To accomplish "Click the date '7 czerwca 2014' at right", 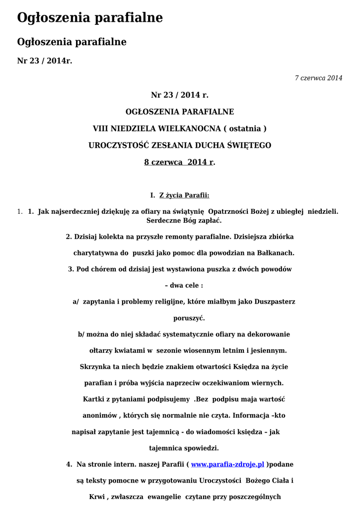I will point(318,78).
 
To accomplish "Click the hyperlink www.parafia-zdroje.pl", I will point(227,465).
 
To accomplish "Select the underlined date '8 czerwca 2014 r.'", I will point(180,162).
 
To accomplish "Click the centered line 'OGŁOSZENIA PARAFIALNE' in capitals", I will point(180,112).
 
